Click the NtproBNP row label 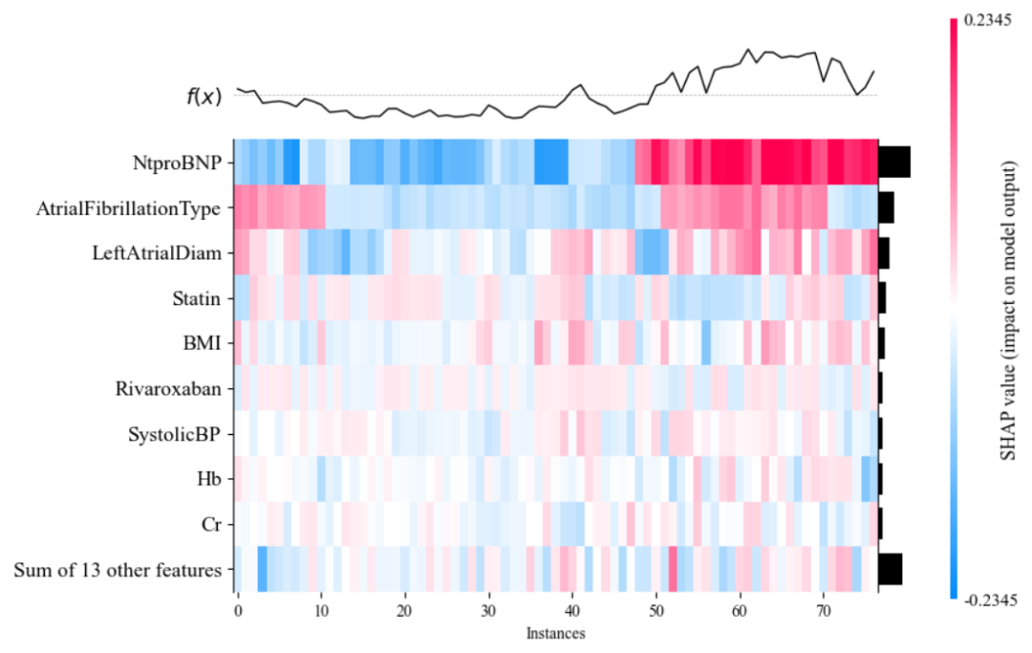point(182,163)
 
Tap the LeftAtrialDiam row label point(165,253)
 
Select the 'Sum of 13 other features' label point(118,571)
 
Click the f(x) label point(204,96)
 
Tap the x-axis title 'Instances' point(555,632)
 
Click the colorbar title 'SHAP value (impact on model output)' point(1008,308)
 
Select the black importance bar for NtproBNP point(894,163)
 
